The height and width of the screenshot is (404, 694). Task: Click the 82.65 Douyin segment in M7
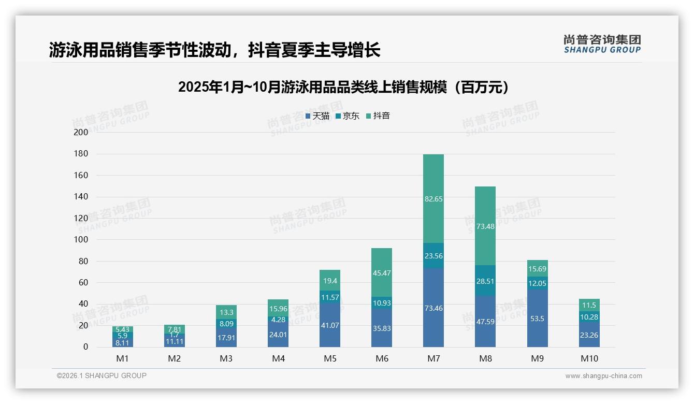[433, 199]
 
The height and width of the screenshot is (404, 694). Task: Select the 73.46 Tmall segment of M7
[433, 308]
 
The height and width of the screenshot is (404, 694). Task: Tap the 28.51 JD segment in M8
[485, 281]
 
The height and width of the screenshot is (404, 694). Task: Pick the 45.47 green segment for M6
[382, 272]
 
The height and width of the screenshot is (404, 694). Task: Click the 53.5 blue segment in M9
[537, 319]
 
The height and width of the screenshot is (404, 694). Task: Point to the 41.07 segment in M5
[330, 325]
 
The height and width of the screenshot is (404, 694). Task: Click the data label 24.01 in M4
[278, 335]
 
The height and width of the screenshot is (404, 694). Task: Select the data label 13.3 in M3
[226, 312]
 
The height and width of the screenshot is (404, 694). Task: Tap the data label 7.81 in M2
[175, 329]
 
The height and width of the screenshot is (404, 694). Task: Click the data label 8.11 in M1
[123, 342]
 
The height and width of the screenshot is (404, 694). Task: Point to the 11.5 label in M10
[589, 305]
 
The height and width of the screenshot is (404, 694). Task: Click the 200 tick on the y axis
[81, 132]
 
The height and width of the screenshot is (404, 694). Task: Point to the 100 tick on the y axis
[81, 240]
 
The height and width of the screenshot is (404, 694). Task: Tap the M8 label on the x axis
[485, 358]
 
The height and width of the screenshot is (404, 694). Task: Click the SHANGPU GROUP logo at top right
[602, 44]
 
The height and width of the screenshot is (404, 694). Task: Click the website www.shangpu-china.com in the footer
[603, 376]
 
